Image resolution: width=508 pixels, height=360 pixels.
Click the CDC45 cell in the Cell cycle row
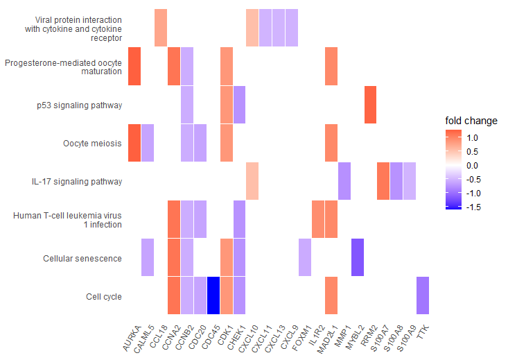[x=213, y=295]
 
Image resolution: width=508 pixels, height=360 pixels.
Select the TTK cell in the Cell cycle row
[x=423, y=295]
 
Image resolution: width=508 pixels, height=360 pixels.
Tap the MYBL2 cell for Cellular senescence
[x=358, y=257]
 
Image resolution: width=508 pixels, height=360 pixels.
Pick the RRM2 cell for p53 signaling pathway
[x=371, y=105]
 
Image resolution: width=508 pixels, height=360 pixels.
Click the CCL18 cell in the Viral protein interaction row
[x=160, y=28]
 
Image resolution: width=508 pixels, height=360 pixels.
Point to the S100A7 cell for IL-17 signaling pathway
[x=383, y=181]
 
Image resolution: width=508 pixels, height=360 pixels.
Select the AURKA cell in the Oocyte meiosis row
[x=134, y=143]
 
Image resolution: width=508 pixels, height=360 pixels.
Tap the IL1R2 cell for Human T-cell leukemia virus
[x=318, y=219]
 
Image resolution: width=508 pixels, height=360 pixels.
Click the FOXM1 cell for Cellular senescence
[x=305, y=257]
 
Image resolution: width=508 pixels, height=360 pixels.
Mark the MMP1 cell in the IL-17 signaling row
[x=344, y=181]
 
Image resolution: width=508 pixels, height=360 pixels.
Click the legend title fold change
[x=471, y=121]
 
